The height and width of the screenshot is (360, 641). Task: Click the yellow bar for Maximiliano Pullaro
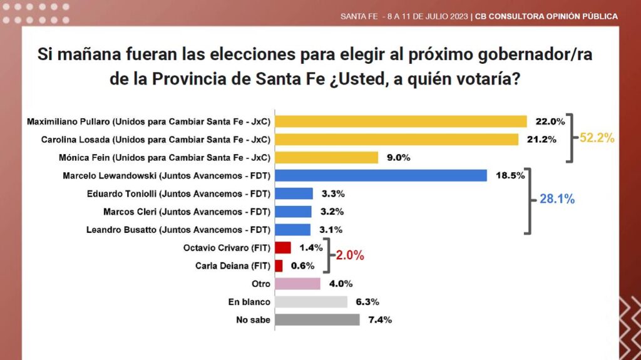pos(401,121)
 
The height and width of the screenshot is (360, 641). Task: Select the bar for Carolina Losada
pos(396,140)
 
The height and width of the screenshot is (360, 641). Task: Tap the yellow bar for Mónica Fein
pos(327,158)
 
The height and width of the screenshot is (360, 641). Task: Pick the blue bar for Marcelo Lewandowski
pos(381,175)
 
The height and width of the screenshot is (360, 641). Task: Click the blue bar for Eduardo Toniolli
pos(294,193)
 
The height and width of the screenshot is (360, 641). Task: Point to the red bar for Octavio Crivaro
pos(283,247)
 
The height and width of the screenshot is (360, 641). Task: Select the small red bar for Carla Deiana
pos(279,265)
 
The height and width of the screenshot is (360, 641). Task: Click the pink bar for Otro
pos(297,284)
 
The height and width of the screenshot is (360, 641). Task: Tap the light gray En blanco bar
pos(311,302)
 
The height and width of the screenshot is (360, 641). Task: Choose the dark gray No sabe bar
pos(317,319)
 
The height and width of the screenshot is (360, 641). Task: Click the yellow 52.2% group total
pos(597,138)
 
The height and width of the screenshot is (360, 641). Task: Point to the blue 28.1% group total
pos(557,199)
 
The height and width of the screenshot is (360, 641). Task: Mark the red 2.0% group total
pos(350,255)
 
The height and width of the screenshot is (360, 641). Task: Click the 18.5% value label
pos(510,175)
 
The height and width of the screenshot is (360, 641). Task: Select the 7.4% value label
pos(380,319)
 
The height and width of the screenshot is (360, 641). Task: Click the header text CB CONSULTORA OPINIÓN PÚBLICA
pos(546,16)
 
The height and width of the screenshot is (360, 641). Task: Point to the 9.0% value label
pos(399,158)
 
